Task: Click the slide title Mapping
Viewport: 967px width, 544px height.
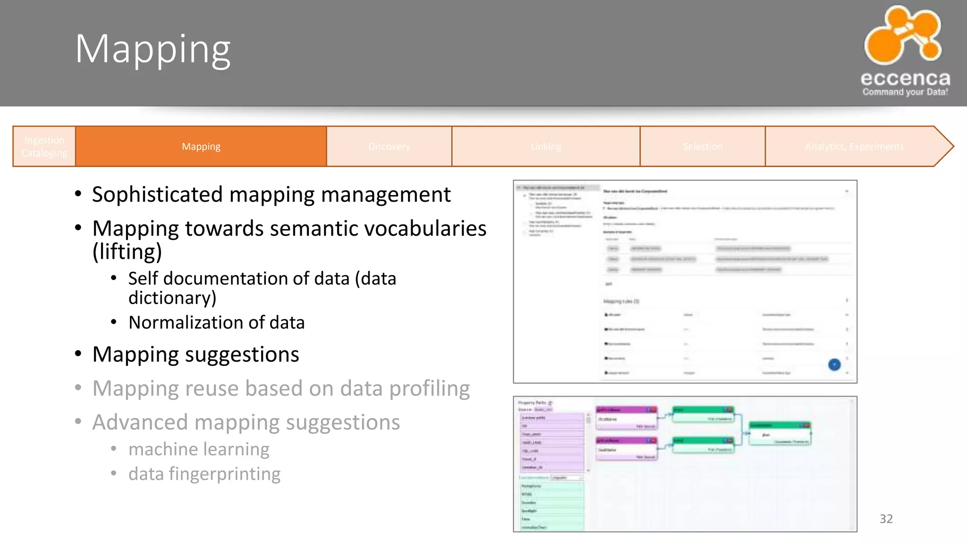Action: click(x=153, y=49)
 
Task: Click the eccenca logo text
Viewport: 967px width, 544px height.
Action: click(x=905, y=78)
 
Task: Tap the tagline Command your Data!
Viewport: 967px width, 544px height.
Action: click(x=905, y=92)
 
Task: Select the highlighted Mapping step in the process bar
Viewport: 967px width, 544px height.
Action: click(x=201, y=146)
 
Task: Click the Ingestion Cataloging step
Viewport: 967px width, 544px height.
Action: click(x=44, y=146)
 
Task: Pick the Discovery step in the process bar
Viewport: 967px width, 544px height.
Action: click(x=389, y=146)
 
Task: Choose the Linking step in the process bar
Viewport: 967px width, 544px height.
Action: click(x=546, y=146)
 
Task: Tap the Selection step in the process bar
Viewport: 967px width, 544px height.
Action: click(x=702, y=146)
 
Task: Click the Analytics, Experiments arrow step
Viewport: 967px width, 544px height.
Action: click(x=854, y=146)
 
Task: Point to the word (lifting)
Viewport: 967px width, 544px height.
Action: click(x=127, y=251)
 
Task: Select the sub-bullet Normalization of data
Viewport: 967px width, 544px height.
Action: click(x=216, y=323)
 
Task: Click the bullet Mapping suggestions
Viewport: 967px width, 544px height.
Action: click(x=195, y=354)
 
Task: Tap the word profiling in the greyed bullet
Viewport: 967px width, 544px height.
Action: click(x=430, y=388)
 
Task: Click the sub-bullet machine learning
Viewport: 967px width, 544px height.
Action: click(x=199, y=449)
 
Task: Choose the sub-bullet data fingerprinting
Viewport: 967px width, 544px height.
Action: click(x=204, y=474)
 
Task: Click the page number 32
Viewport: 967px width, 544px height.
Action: click(x=886, y=519)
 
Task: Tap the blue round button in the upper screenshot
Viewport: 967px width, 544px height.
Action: click(x=834, y=365)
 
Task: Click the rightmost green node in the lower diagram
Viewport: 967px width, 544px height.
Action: click(x=780, y=433)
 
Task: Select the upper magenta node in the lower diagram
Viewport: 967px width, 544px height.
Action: click(x=626, y=418)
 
